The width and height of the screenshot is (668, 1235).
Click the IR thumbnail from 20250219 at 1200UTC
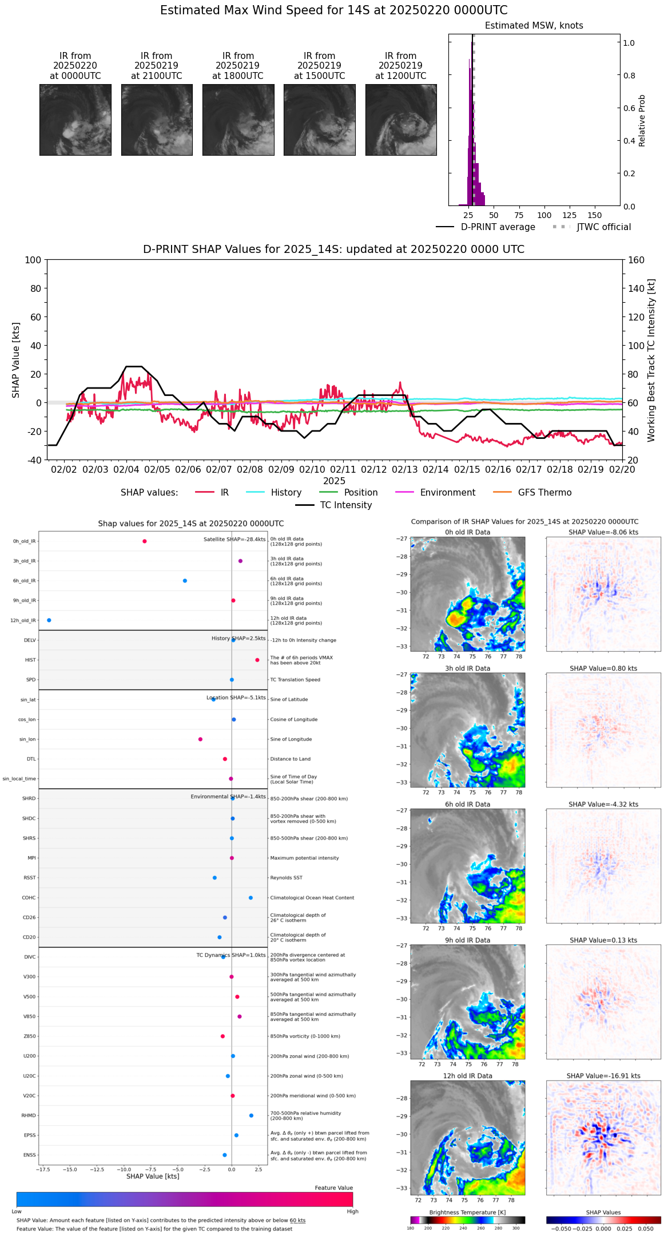click(401, 120)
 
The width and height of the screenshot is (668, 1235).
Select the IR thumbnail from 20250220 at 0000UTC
click(75, 120)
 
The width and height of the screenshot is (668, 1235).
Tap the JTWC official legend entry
click(603, 227)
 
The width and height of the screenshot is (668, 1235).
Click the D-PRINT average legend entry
click(498, 227)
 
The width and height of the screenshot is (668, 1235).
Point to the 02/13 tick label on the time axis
click(404, 469)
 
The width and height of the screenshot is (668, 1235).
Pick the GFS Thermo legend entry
click(544, 493)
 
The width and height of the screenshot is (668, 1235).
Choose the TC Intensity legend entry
click(345, 505)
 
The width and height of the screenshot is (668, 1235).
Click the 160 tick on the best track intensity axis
click(636, 260)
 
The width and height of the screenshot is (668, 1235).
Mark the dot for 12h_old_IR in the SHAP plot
click(49, 620)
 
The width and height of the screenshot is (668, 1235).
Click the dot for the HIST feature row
click(257, 660)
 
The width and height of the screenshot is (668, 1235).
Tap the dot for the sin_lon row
click(200, 739)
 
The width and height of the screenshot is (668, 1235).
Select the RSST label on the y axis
click(30, 878)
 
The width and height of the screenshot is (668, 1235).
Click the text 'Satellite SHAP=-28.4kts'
click(234, 540)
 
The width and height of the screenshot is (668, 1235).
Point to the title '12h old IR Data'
click(467, 1076)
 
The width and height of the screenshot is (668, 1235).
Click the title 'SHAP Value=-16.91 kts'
click(603, 1076)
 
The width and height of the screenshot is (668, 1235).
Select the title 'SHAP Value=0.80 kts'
click(603, 668)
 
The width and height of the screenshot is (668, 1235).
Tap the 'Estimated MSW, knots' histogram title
click(534, 26)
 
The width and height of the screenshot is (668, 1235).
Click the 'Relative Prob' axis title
click(642, 121)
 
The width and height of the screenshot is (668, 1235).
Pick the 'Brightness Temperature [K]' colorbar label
click(467, 1213)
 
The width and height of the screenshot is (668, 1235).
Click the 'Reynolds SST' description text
click(286, 878)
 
